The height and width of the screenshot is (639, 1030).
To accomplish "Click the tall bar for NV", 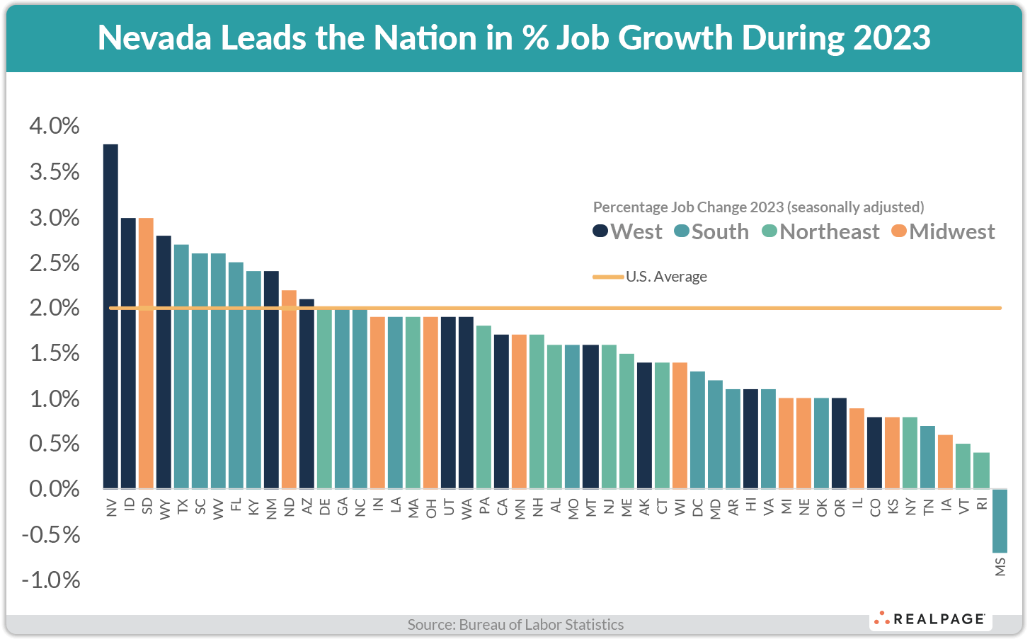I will tap(110, 316).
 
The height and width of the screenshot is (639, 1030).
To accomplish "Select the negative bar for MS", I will tap(1000, 521).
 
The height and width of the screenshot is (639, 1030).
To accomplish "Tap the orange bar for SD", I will tap(147, 353).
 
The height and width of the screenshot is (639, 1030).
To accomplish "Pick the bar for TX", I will tap(182, 367).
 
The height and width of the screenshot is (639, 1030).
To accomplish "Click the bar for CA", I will tap(501, 412).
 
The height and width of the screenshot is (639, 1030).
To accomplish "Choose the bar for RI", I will tap(981, 471).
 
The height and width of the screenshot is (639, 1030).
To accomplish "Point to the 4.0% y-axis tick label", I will tap(55, 127).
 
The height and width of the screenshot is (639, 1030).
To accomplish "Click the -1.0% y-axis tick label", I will tap(51, 580).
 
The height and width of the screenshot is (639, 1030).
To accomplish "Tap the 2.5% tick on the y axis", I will tap(55, 263).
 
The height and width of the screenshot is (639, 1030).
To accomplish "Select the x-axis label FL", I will tap(236, 505).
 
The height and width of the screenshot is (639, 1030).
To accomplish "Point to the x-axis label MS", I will tap(1000, 567).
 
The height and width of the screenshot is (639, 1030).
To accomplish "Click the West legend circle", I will tap(600, 231).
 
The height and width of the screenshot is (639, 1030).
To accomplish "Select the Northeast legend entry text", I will tap(829, 231).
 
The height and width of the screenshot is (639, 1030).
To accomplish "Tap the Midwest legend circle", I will tap(899, 231).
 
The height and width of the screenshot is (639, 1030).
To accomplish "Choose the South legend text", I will tap(720, 231).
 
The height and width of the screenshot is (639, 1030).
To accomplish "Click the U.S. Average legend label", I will tap(666, 277).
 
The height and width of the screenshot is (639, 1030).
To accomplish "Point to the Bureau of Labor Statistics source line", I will tap(515, 625).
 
